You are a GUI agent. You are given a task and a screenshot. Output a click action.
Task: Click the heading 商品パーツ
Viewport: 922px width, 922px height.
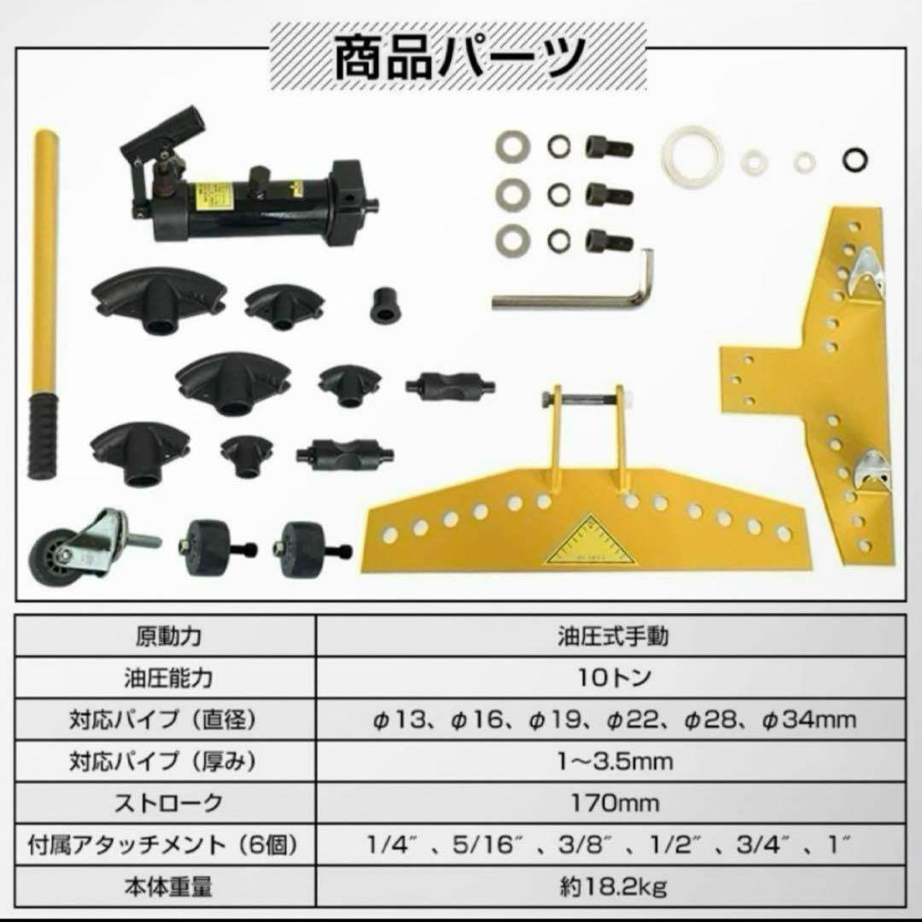pos(459,58)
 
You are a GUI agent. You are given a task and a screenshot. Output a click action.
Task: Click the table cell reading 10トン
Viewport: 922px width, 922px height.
pos(612,677)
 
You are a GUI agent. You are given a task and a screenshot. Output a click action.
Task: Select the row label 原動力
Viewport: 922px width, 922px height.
pos(169,636)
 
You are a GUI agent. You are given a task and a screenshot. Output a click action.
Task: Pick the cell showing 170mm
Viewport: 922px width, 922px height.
pos(615,802)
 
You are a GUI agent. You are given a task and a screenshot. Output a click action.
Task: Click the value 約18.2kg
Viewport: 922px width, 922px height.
pos(613,886)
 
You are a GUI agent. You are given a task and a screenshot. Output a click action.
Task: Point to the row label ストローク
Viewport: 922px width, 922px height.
pos(169,802)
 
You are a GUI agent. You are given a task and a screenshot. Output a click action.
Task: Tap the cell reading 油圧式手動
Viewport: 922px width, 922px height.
pos(613,636)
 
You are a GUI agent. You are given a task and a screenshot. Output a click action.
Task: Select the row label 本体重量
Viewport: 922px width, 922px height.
pos(168,886)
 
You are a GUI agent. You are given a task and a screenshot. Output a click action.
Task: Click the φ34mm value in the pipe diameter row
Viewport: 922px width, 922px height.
pos(809,719)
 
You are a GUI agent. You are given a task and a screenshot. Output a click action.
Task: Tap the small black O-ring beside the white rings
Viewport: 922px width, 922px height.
pos(855,159)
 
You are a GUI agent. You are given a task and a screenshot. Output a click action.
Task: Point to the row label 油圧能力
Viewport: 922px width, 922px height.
pos(169,677)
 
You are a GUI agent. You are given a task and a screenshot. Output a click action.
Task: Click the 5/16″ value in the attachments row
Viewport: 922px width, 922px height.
pos(488,844)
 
